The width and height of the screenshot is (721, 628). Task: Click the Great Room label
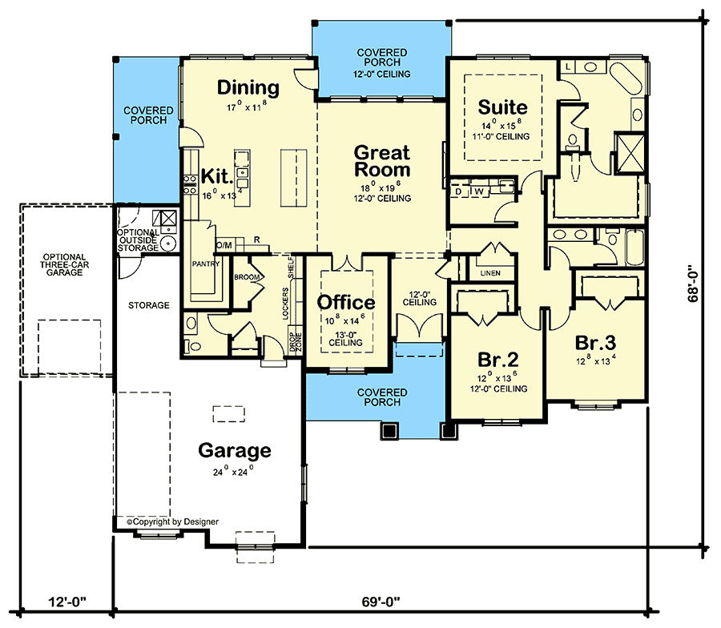click(x=381, y=161)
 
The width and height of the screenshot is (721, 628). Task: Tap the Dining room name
click(x=248, y=88)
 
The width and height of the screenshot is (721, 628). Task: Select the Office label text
click(x=346, y=303)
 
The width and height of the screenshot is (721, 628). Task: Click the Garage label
click(x=235, y=450)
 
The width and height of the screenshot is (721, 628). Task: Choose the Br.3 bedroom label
click(x=595, y=342)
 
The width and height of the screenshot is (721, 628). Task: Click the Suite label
click(x=502, y=107)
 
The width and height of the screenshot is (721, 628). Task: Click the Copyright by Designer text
click(x=172, y=521)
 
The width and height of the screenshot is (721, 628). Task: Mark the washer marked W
click(x=480, y=191)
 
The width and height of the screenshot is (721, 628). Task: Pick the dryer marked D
click(x=459, y=191)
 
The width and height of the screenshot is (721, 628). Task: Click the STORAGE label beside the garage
click(x=149, y=305)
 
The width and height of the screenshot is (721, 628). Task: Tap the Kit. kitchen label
click(x=216, y=175)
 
